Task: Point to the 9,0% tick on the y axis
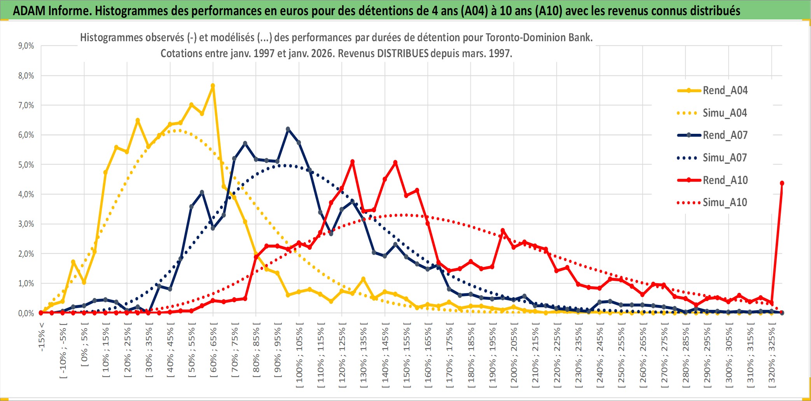(x=26, y=46)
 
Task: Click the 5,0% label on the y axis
(x=26, y=165)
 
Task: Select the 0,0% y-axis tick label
(x=26, y=313)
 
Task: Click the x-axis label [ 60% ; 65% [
(x=213, y=352)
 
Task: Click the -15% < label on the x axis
(x=42, y=337)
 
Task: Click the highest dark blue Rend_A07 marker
(x=288, y=129)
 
